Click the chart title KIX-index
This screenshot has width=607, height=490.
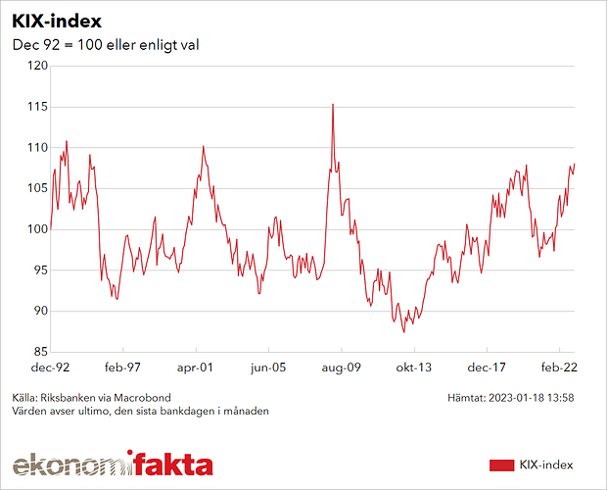(56, 21)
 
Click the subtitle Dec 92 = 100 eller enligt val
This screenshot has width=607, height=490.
(106, 46)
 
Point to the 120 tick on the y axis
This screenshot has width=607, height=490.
(36, 66)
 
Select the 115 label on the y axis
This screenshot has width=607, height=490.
(36, 107)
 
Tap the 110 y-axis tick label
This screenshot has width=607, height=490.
(36, 148)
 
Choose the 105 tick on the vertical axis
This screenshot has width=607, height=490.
(36, 188)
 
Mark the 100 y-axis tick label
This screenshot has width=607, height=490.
(36, 229)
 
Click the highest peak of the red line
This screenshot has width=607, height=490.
(333, 104)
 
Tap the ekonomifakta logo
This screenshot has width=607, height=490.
(113, 464)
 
